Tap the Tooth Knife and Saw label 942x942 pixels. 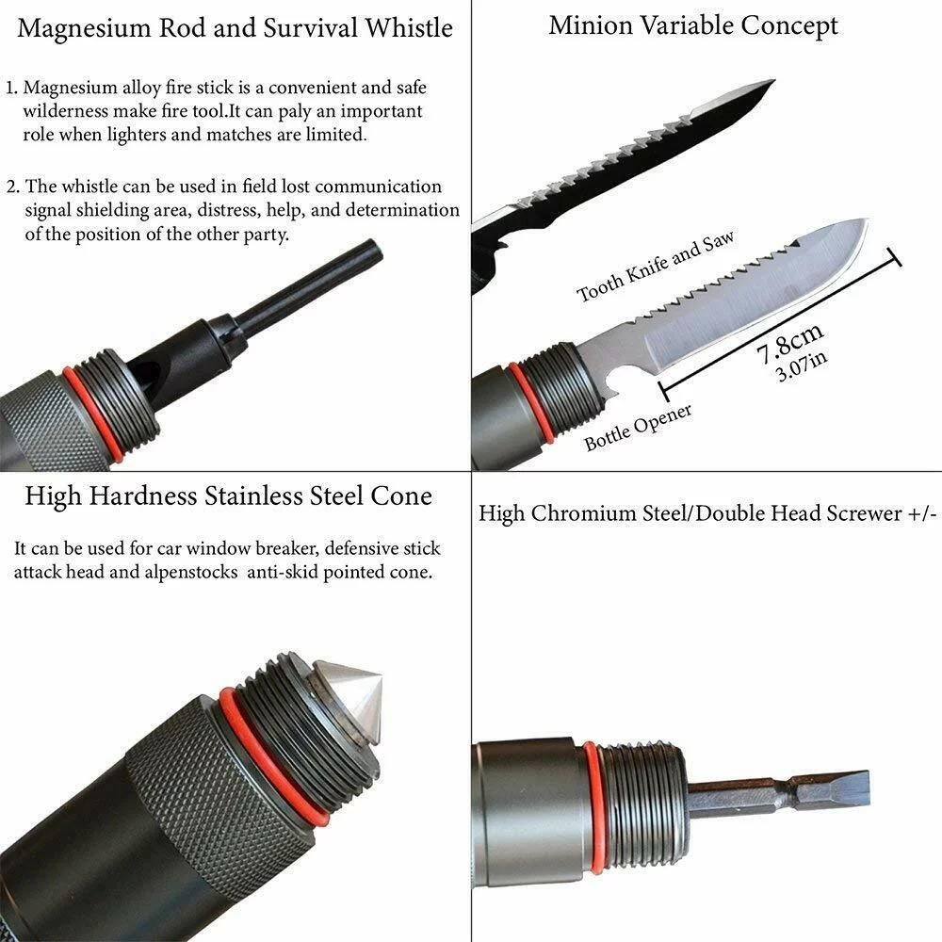pos(655,268)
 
